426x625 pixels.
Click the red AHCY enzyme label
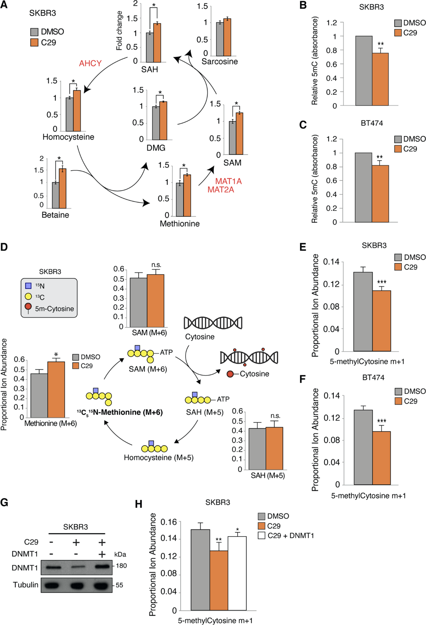pos(90,63)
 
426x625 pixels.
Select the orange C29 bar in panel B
pos(380,79)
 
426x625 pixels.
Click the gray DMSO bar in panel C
pos(364,187)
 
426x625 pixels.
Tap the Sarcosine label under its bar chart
pos(219,61)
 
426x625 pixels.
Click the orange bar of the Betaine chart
pos(62,188)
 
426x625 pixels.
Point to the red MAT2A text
pos(220,190)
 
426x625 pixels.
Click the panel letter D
pos(4,247)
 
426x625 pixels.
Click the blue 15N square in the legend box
pos(28,286)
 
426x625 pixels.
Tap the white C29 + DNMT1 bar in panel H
pos(237,573)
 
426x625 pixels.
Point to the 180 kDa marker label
pos(121,566)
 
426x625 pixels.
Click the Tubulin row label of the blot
pos(26,585)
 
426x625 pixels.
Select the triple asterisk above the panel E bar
pos(382,282)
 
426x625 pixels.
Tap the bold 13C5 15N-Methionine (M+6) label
pos(120,412)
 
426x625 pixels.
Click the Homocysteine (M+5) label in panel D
pos(158,457)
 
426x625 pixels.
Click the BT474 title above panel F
pos(373,377)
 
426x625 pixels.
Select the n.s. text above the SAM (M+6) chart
pos(156,265)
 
